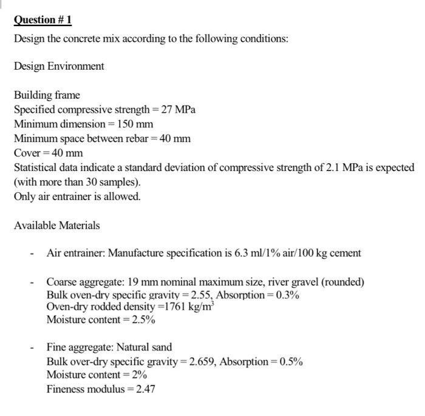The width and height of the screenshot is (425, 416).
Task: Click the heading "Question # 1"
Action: click(x=43, y=20)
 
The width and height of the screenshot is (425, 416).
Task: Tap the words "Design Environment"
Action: click(x=59, y=65)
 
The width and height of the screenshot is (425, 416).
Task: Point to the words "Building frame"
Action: click(x=47, y=95)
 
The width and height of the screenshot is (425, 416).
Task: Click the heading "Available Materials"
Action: click(x=57, y=225)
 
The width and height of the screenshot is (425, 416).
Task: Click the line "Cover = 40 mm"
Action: click(x=48, y=152)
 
